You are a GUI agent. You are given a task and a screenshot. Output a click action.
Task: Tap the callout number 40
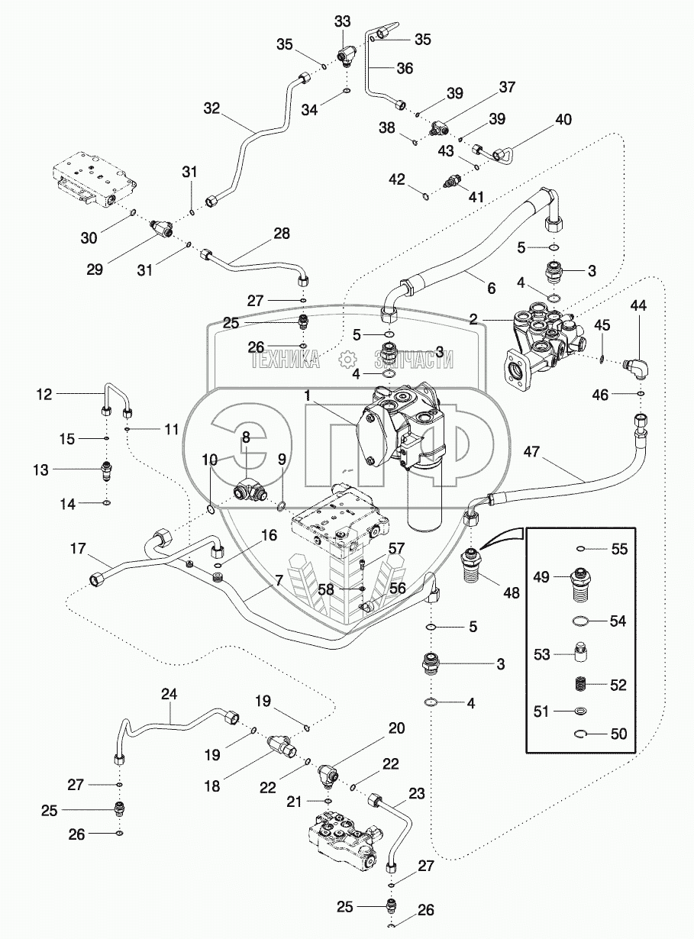click(x=563, y=119)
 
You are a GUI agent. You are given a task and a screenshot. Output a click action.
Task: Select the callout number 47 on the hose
click(x=532, y=452)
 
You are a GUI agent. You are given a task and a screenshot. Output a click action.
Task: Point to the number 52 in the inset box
click(x=618, y=685)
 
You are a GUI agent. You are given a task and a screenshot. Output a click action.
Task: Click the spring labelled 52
click(x=580, y=685)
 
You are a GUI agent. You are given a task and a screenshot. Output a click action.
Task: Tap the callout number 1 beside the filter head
click(x=308, y=397)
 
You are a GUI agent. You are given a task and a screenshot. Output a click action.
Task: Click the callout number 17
click(x=79, y=549)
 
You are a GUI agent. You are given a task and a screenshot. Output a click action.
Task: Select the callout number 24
click(x=169, y=694)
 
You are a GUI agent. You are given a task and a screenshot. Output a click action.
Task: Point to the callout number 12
click(x=44, y=395)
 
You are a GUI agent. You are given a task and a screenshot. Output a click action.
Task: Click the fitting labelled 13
click(x=106, y=470)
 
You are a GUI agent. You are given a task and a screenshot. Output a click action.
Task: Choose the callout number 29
click(x=95, y=269)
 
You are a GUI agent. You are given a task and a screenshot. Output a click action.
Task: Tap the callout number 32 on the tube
click(x=211, y=109)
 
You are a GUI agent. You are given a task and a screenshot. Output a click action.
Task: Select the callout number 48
click(x=512, y=592)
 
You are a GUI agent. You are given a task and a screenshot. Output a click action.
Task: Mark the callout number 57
click(x=396, y=549)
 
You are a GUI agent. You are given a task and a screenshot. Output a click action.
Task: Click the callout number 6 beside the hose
click(x=491, y=289)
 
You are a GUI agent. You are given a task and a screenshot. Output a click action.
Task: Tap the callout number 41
click(x=477, y=197)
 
